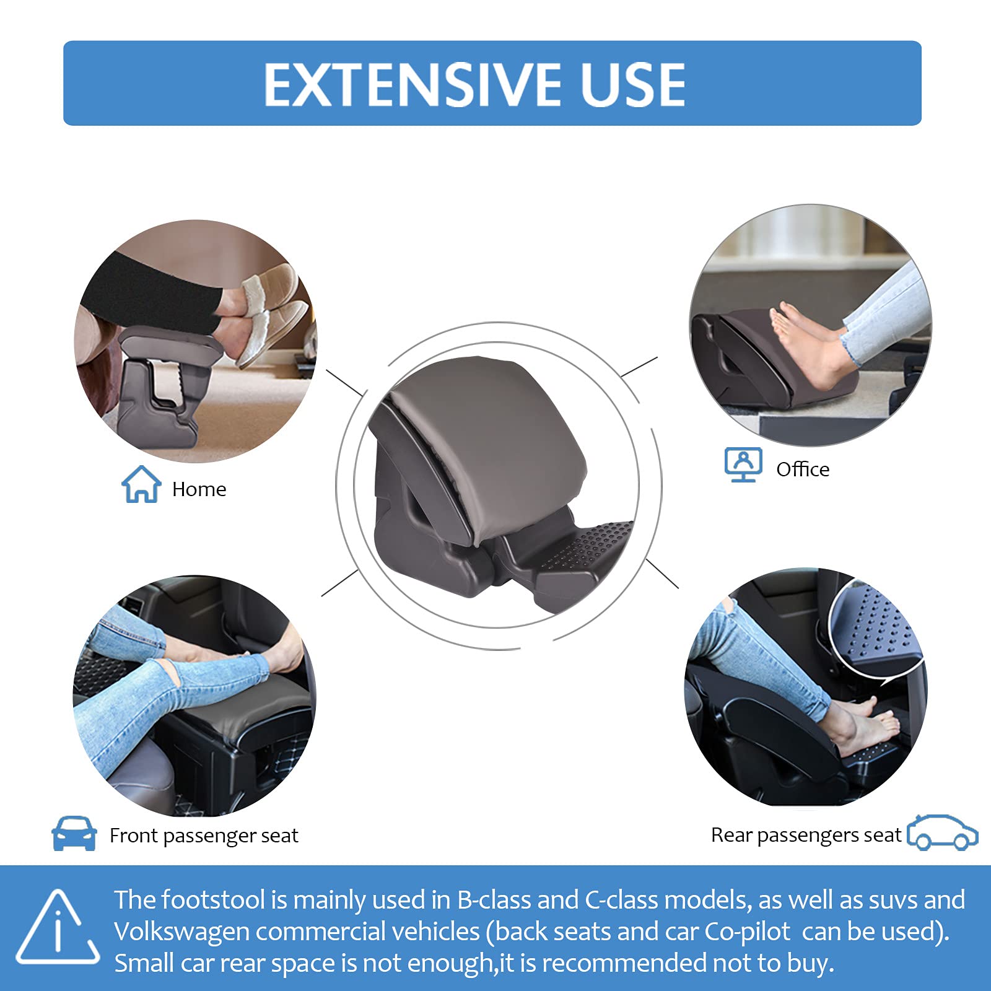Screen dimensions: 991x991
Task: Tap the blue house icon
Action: tap(141, 484)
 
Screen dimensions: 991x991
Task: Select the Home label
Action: tap(199, 489)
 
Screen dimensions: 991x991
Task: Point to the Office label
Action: tap(803, 469)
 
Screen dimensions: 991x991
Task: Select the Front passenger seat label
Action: tap(204, 836)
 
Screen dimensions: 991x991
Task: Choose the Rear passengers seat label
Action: tap(806, 835)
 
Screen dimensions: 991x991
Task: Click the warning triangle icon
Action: tap(58, 929)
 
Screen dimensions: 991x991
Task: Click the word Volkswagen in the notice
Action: tap(181, 932)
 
